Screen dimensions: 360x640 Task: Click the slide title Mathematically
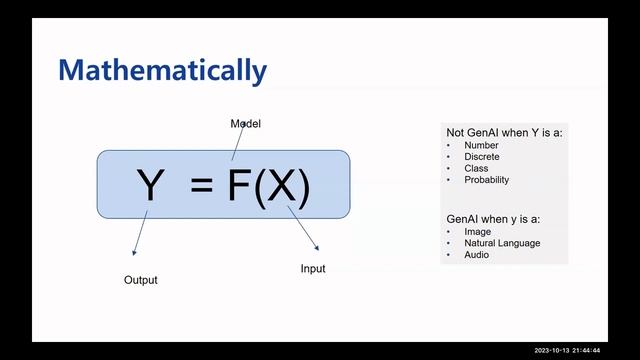tap(162, 71)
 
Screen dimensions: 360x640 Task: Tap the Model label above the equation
tap(246, 124)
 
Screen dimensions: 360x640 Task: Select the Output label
tap(140, 280)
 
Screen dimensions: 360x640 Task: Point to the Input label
tap(313, 269)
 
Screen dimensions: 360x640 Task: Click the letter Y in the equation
tap(149, 186)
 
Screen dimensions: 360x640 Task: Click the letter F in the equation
tap(238, 186)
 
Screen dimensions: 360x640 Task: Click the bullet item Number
tap(480, 145)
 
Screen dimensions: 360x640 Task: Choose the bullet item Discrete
tap(482, 157)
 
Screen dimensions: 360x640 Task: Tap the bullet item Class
tap(476, 168)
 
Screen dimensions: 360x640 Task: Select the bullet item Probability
tap(487, 180)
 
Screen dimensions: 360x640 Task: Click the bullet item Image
tap(478, 232)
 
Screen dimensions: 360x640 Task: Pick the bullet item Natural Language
tap(502, 243)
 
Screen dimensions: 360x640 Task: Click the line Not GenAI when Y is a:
tap(504, 132)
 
